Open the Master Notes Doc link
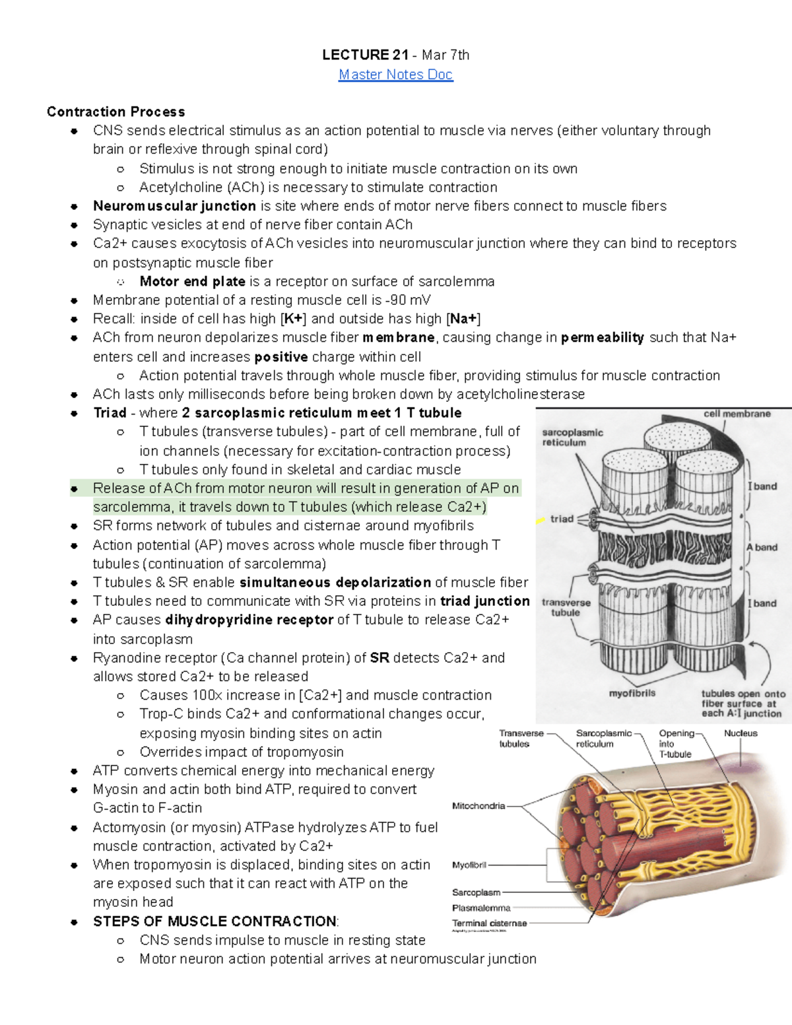395,75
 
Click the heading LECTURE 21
365,55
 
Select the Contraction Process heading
115,112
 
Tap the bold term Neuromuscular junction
174,206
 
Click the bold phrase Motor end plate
192,281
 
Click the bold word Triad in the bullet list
110,413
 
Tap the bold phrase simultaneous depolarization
335,582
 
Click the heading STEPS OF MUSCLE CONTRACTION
214,921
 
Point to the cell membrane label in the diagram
737,414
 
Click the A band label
762,547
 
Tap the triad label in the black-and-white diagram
562,519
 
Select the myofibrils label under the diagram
632,693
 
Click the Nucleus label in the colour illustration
741,733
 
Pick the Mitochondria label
478,806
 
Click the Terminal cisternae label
489,923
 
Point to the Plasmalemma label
481,908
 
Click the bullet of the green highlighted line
75,489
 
